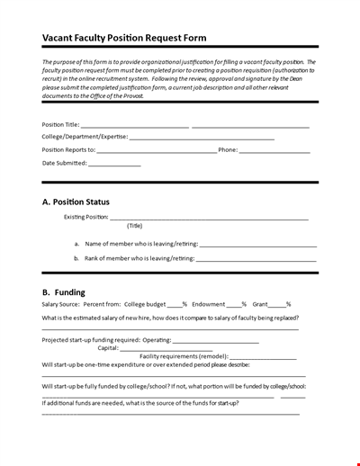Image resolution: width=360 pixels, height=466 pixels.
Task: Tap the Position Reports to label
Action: pyautogui.click(x=68, y=150)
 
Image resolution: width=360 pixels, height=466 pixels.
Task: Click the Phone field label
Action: pyautogui.click(x=228, y=150)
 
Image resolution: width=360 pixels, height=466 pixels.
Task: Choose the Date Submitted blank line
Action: pyautogui.click(x=114, y=165)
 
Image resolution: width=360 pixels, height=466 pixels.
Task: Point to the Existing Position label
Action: pyautogui.click(x=85, y=217)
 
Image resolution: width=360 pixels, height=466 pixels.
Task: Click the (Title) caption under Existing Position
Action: pyautogui.click(x=134, y=226)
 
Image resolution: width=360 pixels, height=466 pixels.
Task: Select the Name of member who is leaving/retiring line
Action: pyautogui.click(x=256, y=245)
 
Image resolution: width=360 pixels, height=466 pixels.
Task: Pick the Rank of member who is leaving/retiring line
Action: pyautogui.click(x=256, y=259)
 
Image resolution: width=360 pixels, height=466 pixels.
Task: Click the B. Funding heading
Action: pyautogui.click(x=64, y=292)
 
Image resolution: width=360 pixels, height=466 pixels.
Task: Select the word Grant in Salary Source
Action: pyautogui.click(x=262, y=305)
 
